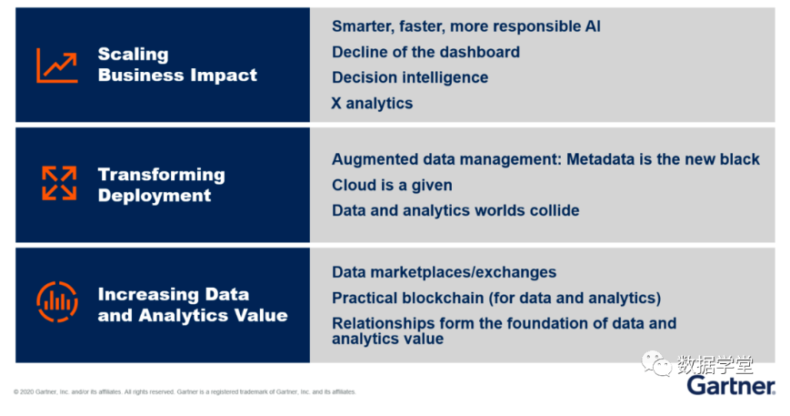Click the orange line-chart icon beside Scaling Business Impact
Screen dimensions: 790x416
(x=57, y=66)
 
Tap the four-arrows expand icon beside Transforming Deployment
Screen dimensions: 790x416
(x=59, y=183)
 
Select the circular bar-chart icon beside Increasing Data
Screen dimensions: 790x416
(x=57, y=301)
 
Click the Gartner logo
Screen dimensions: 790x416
(x=731, y=386)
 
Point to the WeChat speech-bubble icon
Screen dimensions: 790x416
(x=656, y=364)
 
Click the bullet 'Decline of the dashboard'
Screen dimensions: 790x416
(x=425, y=52)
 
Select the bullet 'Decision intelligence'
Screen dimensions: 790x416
(x=410, y=77)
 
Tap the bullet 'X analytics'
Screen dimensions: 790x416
(x=372, y=104)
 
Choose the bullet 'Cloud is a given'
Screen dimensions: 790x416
(x=392, y=185)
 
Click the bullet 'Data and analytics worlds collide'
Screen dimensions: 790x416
(x=455, y=210)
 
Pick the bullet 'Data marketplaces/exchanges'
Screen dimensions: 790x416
(x=444, y=272)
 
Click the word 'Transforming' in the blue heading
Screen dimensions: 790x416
(x=161, y=175)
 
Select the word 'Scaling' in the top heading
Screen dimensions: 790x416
(x=133, y=54)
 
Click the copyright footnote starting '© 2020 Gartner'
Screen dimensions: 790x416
(x=185, y=391)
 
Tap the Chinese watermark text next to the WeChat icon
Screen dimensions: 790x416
(x=715, y=364)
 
